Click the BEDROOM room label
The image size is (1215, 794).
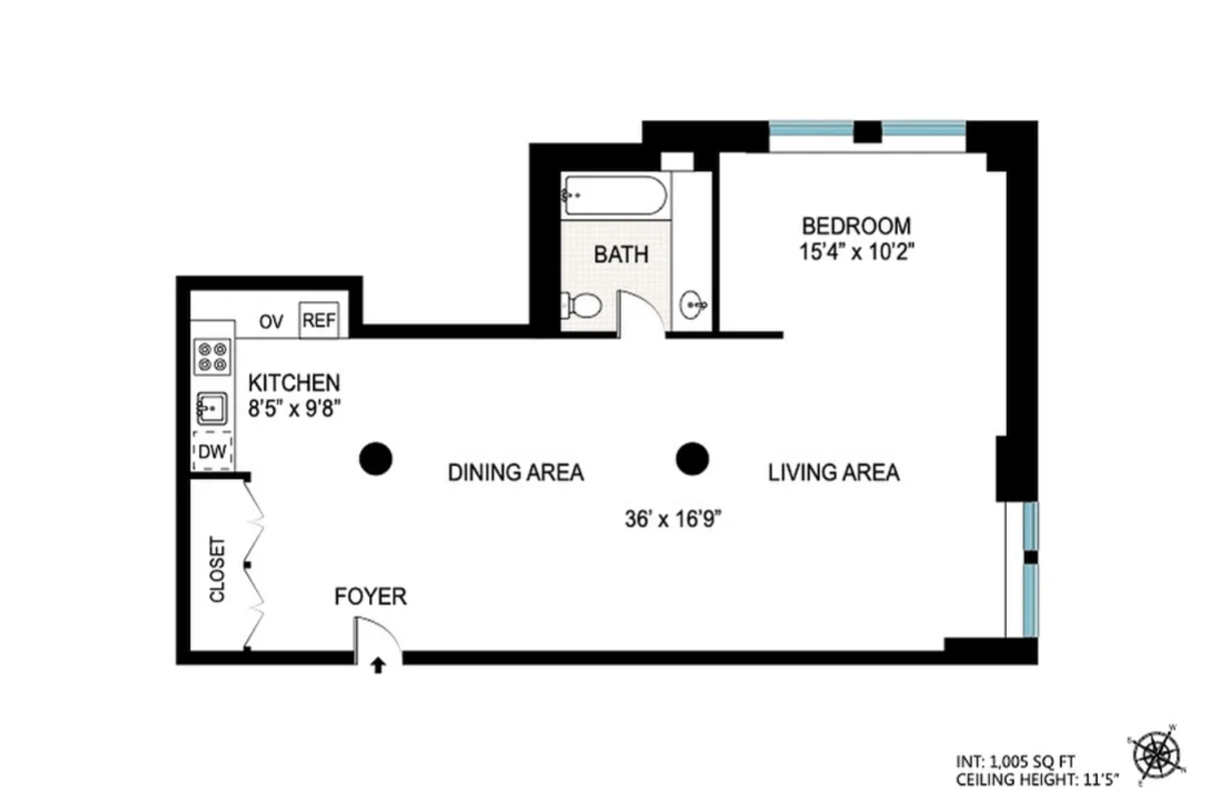point(856,227)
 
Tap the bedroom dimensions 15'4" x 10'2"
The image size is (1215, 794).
point(857,252)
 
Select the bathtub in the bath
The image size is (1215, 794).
point(615,195)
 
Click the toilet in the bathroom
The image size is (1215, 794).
point(581,305)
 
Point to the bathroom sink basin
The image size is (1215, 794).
point(693,305)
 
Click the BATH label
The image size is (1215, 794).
point(621,255)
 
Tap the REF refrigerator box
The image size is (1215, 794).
point(319,320)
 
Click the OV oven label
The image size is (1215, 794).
point(271,322)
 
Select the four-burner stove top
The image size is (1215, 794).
point(212,357)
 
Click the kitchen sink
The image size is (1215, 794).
point(212,408)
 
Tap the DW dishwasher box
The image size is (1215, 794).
point(212,451)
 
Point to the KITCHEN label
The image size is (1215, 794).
point(294,383)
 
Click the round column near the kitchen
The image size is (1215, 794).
point(375,459)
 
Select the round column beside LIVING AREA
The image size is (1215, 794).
point(692,459)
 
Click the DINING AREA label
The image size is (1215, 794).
point(515,472)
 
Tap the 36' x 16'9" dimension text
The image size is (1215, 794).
point(673,519)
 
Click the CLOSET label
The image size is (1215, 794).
point(217,569)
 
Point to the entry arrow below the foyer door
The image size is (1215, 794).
point(378,665)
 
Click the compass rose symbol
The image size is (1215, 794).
point(1157,754)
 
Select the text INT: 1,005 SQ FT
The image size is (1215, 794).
point(1016,761)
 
